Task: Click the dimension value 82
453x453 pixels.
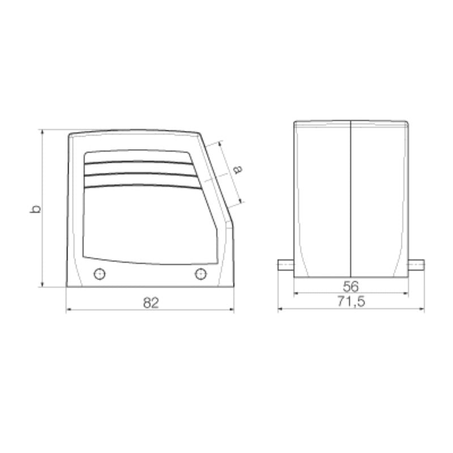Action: tap(150, 303)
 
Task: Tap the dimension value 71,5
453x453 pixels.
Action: tap(351, 302)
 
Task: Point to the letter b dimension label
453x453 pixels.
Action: tap(36, 208)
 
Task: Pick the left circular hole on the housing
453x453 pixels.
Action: tap(99, 275)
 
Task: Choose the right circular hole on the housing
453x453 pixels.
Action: tap(200, 275)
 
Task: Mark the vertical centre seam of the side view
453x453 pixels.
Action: tap(351, 198)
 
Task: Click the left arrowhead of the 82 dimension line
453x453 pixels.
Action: tap(69, 310)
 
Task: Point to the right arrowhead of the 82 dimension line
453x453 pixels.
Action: tap(232, 310)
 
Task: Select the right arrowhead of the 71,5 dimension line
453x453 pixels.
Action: tap(422, 310)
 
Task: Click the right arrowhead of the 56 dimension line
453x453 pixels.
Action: tap(407, 293)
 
